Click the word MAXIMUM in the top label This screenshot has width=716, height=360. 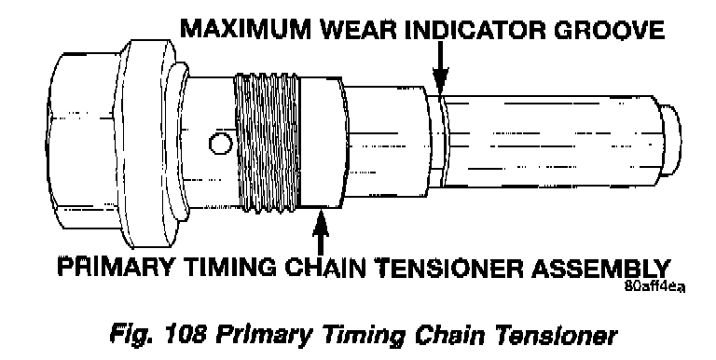(x=246, y=30)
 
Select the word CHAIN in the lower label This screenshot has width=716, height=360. (x=328, y=267)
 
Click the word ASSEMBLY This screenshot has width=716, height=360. (x=601, y=267)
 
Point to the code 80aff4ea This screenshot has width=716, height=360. (x=654, y=287)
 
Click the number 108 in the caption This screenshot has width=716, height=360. (x=183, y=335)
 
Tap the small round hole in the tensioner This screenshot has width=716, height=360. (x=221, y=144)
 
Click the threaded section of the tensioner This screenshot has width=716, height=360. (x=267, y=143)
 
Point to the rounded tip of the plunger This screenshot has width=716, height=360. (x=671, y=141)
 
